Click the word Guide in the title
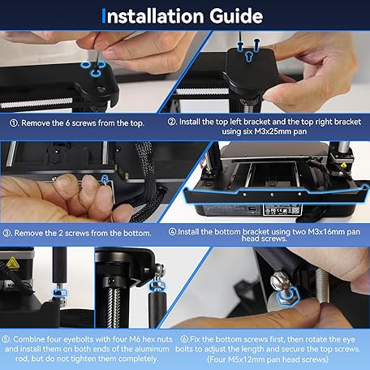[x=236, y=16]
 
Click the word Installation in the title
[x=155, y=16]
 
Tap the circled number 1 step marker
[x=14, y=123]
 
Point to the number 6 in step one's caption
[x=67, y=123]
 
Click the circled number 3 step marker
[x=6, y=233]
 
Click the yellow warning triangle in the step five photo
[x=12, y=263]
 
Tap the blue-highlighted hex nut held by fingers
[x=288, y=296]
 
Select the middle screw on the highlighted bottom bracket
[x=272, y=195]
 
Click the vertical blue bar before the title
[x=103, y=15]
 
